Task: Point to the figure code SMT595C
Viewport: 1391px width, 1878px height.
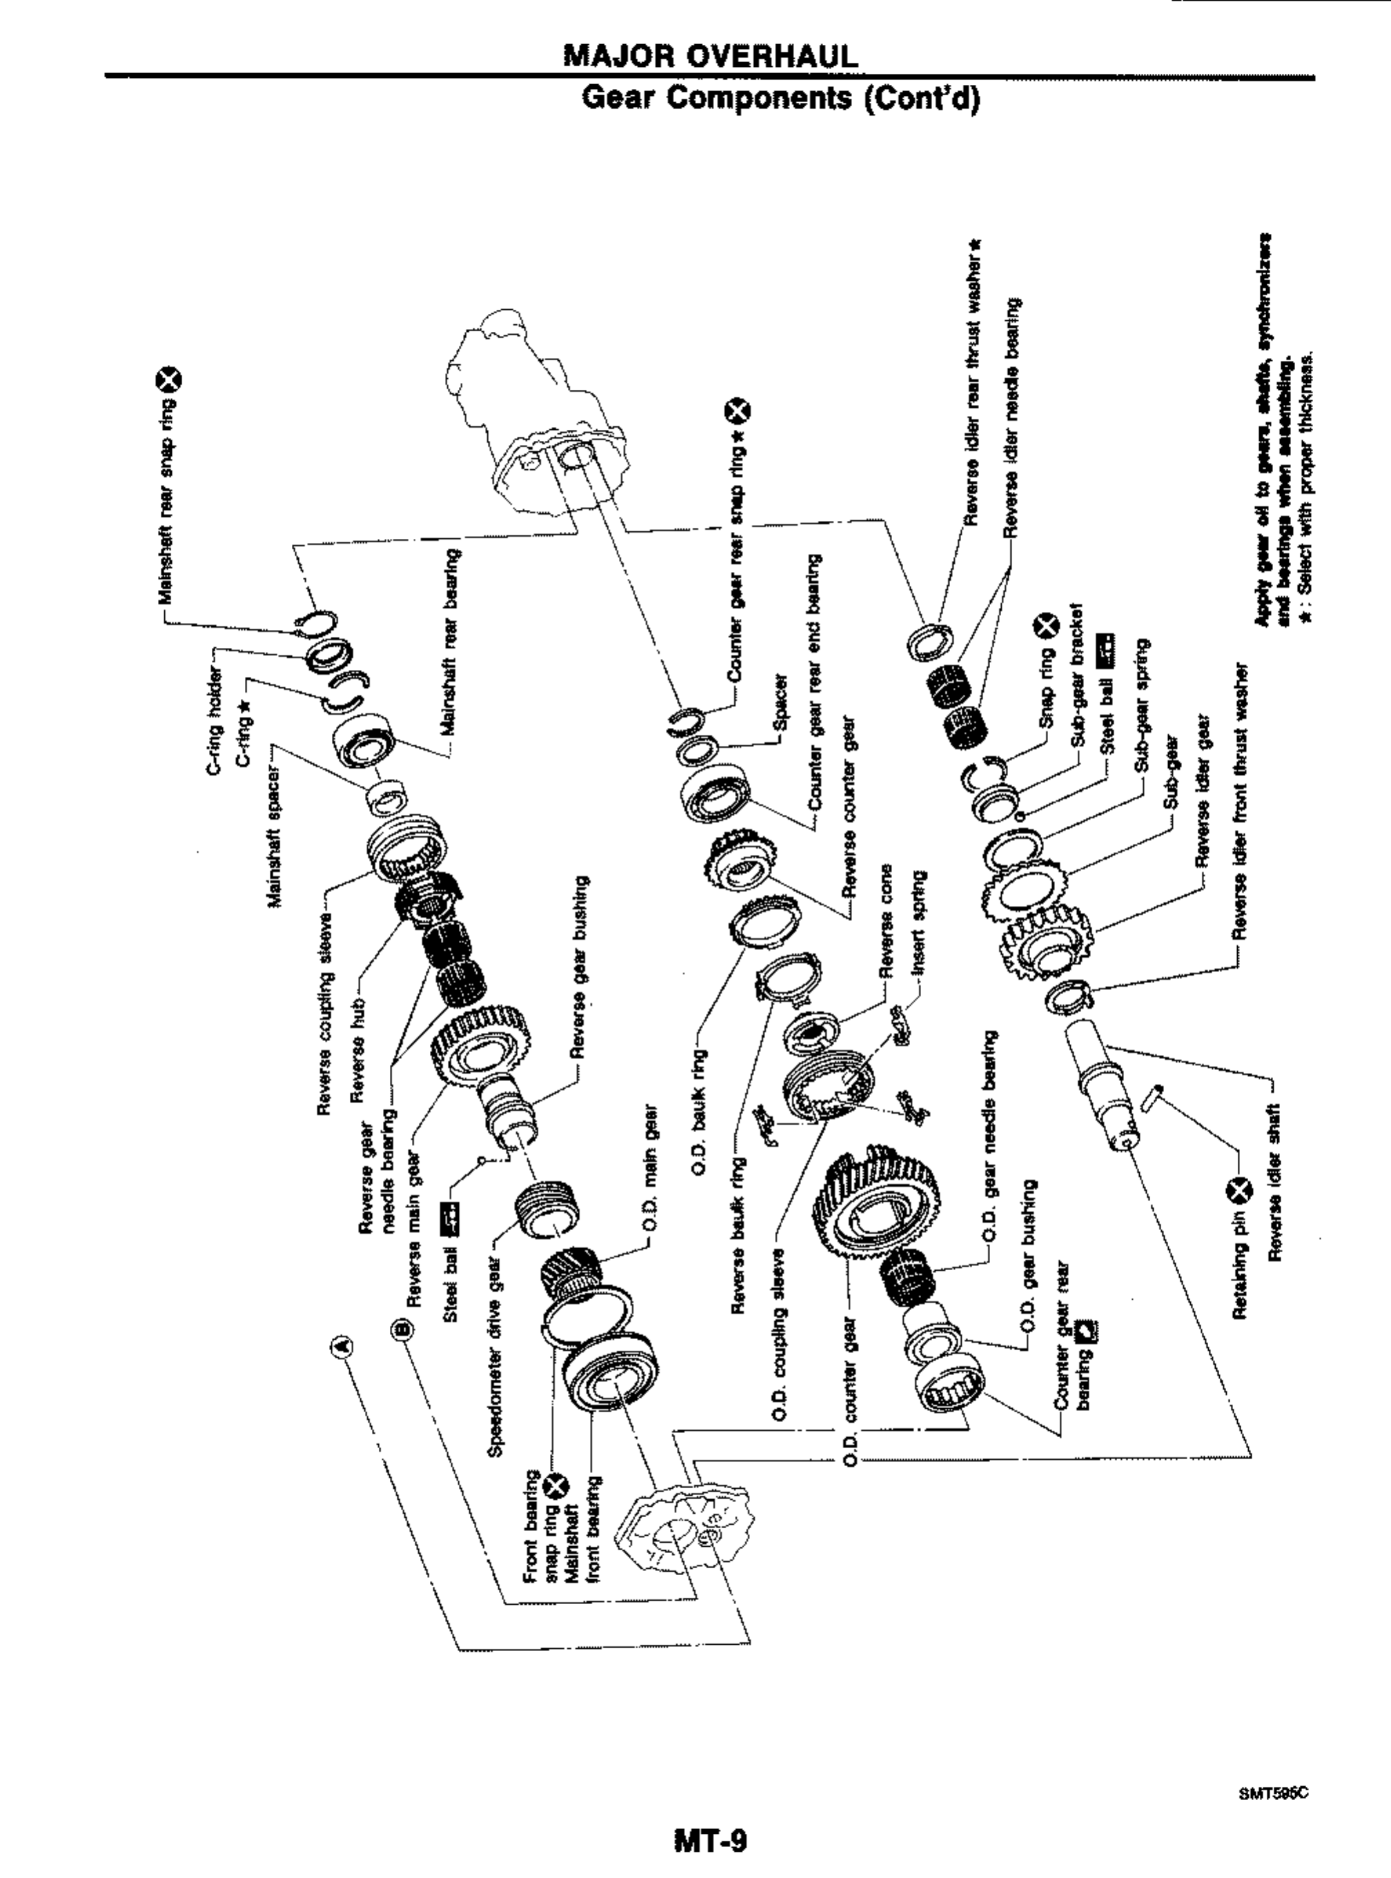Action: click(x=1273, y=1768)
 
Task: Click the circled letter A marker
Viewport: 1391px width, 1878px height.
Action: click(x=342, y=1346)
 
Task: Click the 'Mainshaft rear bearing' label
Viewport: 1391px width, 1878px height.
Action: click(x=452, y=642)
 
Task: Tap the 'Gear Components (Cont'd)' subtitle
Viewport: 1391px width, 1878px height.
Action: click(x=781, y=99)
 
